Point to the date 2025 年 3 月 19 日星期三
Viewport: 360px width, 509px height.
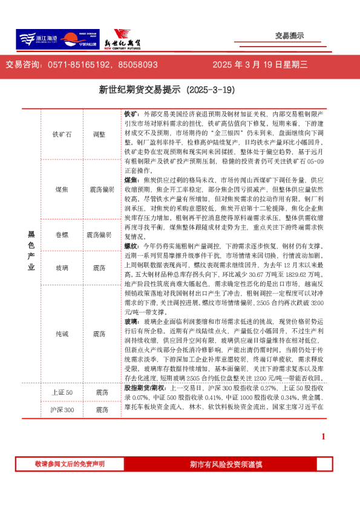pyautogui.click(x=260, y=65)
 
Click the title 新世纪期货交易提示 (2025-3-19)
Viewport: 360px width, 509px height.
pyautogui.click(x=166, y=90)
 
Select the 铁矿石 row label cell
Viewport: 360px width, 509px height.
pyautogui.click(x=62, y=135)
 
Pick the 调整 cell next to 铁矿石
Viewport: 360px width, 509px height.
pyautogui.click(x=99, y=135)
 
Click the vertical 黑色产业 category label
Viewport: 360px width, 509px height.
pyautogui.click(x=31, y=250)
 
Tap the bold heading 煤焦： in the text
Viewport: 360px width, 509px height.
pyautogui.click(x=131, y=180)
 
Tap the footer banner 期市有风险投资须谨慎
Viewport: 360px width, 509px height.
pyautogui.click(x=226, y=464)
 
